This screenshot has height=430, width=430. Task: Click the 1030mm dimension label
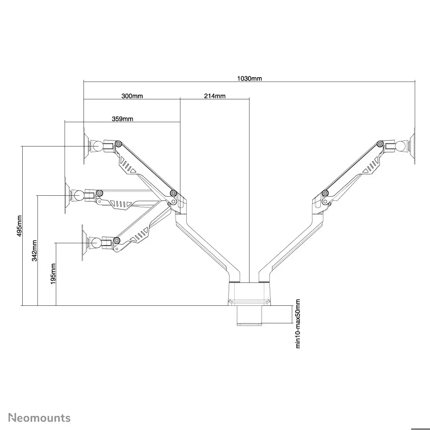pyautogui.click(x=249, y=78)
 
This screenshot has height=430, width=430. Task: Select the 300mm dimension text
pyautogui.click(x=132, y=96)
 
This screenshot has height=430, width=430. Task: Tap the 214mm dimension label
pyautogui.click(x=215, y=96)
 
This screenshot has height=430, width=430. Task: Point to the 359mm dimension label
pyautogui.click(x=122, y=119)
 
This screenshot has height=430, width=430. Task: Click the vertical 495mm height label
pyautogui.click(x=19, y=226)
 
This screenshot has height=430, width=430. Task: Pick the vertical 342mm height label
pyautogui.click(x=34, y=251)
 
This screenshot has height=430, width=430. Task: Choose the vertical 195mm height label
pyautogui.click(x=53, y=274)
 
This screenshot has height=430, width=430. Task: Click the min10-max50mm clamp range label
pyautogui.click(x=298, y=324)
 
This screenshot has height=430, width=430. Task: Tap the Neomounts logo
pyautogui.click(x=39, y=418)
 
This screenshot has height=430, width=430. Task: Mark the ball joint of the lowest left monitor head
pyautogui.click(x=96, y=243)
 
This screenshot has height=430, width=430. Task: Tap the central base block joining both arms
pyautogui.click(x=249, y=293)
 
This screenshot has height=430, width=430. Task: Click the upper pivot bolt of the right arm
pyautogui.click(x=380, y=144)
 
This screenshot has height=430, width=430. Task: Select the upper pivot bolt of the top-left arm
pyautogui.click(x=119, y=144)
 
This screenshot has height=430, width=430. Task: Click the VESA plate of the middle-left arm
pyautogui.click(x=66, y=195)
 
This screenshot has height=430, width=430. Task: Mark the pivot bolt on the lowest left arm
pyautogui.click(x=117, y=241)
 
